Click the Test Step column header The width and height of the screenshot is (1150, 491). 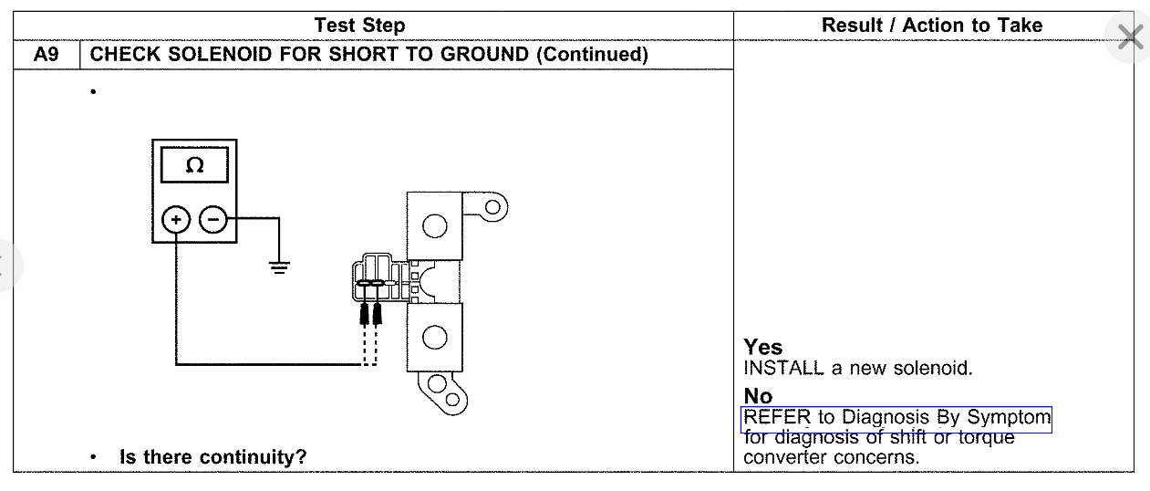(359, 26)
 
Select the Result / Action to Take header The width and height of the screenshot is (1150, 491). (931, 26)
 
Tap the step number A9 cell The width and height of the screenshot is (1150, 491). (46, 55)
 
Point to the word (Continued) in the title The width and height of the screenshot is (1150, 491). (592, 55)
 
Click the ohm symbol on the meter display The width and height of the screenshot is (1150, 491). (194, 166)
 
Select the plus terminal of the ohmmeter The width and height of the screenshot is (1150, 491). (175, 220)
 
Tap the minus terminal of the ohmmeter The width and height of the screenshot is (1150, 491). (213, 220)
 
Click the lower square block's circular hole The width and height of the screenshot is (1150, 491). (435, 337)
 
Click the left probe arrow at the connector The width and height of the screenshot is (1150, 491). (365, 313)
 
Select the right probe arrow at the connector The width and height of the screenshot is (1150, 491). (376, 313)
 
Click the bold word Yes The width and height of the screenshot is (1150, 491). (762, 348)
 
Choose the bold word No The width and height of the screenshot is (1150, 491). (758, 396)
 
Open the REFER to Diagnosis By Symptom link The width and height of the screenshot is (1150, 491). (896, 418)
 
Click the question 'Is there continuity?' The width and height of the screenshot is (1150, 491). (212, 456)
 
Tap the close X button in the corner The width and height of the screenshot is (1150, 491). (1129, 38)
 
